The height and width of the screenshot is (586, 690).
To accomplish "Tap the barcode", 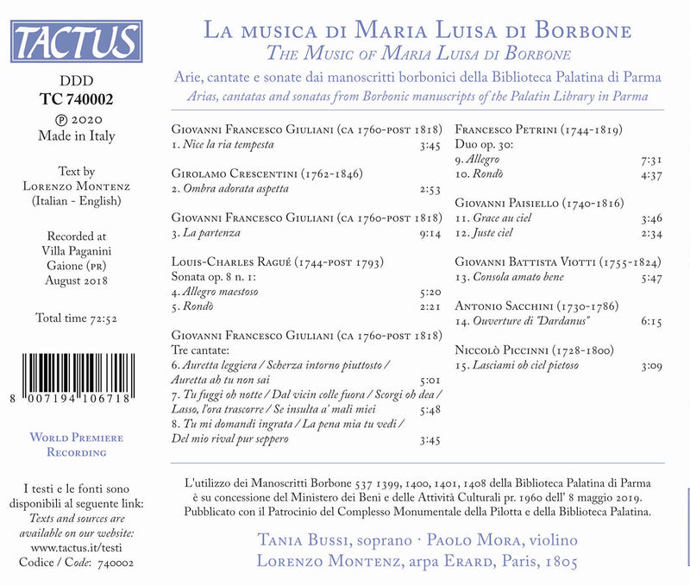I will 77,377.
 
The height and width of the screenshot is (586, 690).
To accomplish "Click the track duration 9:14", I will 430,233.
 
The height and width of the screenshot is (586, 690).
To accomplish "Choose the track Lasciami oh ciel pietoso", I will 517,366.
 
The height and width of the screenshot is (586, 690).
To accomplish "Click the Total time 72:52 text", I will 76,318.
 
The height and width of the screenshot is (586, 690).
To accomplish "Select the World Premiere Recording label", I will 77,444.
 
